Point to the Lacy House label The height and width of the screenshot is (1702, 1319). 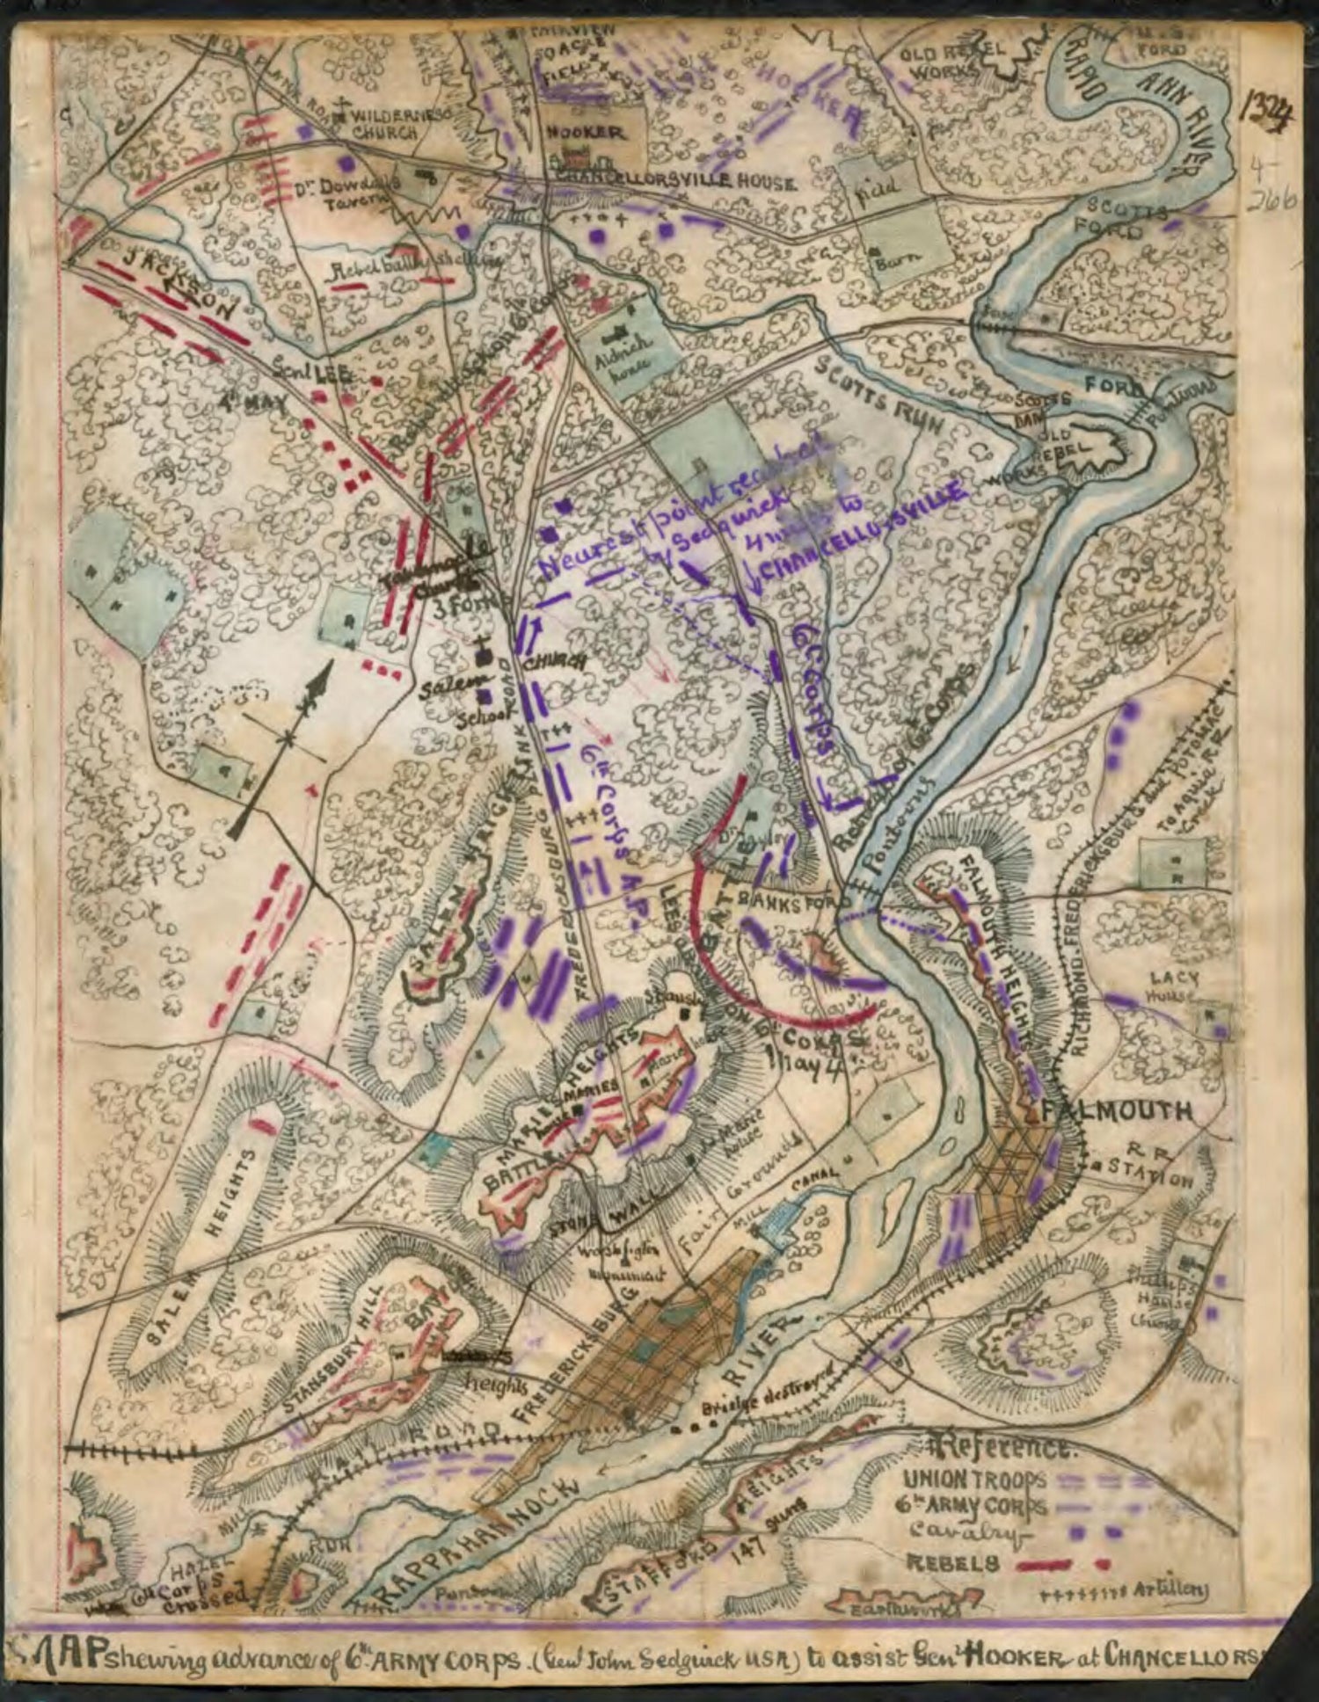point(1179,986)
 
